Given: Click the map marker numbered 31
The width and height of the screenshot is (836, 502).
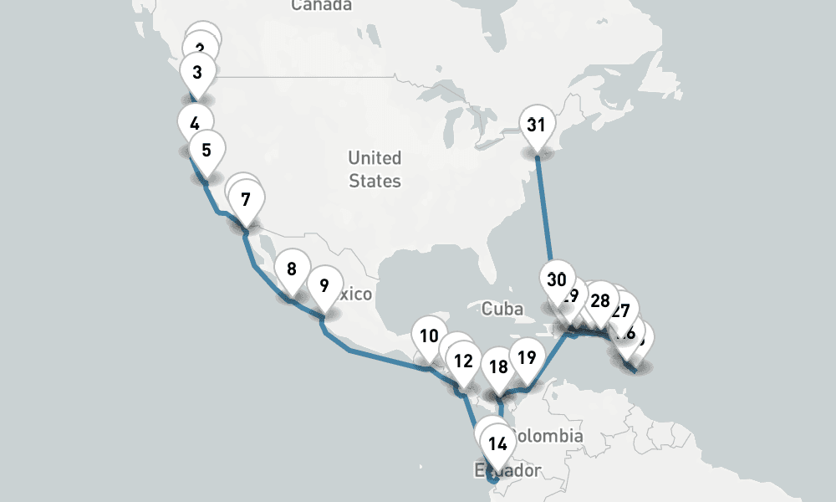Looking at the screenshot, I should point(536,125).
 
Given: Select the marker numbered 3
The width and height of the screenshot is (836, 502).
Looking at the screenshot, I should point(197,73).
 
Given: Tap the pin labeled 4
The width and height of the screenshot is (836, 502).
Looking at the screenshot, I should point(195,124).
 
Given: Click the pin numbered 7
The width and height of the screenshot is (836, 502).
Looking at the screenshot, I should point(245,200).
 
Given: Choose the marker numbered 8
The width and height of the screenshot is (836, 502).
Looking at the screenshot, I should point(291,269).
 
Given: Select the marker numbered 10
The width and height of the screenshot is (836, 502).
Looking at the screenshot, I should point(430,336).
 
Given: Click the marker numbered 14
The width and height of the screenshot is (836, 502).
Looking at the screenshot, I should point(498,443).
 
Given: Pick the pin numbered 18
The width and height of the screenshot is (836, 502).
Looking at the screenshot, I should point(498,366).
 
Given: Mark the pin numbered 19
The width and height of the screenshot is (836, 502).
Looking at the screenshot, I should point(526,358).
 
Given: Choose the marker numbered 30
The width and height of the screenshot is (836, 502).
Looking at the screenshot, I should point(557,280).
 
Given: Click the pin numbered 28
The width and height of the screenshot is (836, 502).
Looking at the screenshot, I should point(599,301).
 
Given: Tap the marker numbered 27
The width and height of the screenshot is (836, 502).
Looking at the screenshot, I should point(620,311).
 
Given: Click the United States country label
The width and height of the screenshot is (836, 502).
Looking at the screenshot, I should point(375,169).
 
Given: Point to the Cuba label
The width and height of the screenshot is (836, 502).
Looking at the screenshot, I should point(502,309).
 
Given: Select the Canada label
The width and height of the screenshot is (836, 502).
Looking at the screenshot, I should point(322,6).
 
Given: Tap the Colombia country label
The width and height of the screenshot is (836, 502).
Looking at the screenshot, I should point(548,436).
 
